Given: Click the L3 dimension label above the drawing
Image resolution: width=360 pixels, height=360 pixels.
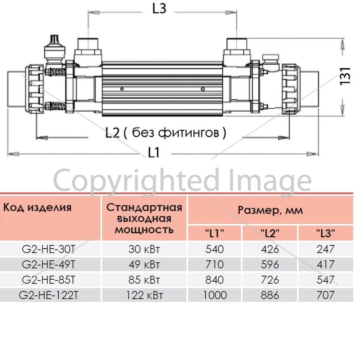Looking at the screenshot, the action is (x=159, y=9).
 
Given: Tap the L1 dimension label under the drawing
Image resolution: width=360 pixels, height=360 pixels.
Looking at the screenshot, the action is (x=153, y=153).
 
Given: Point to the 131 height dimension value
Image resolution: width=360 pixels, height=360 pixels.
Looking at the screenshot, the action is (x=345, y=76).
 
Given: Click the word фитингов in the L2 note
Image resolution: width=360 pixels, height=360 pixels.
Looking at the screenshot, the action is (x=189, y=132).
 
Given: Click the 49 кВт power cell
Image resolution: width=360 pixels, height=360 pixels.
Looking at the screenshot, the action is (x=144, y=264).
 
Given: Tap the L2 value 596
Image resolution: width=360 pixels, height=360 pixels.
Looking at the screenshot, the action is (x=270, y=264).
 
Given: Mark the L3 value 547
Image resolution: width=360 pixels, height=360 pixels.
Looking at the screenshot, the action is (x=326, y=280).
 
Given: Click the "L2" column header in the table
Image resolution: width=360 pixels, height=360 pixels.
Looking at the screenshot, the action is (x=270, y=233).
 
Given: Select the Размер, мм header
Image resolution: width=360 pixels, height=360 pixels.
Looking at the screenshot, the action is (x=270, y=210).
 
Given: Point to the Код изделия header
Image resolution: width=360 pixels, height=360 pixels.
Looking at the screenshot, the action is (x=38, y=207).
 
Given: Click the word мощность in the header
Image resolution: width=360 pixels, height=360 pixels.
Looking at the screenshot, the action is (x=144, y=230).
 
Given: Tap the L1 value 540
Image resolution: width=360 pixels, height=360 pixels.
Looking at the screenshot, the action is (x=215, y=249).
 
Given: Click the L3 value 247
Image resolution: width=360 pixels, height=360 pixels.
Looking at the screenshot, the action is (x=326, y=249).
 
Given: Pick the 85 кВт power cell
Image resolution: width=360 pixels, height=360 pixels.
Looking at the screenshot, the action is (x=144, y=280).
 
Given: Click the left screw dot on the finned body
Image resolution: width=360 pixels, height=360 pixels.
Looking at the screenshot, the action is (x=122, y=89).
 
